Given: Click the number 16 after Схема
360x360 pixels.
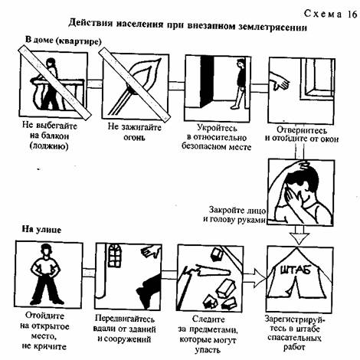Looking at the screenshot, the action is (352, 15).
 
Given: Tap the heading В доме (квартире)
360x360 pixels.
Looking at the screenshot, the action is (63, 41).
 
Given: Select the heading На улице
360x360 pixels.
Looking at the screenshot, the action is (41, 229).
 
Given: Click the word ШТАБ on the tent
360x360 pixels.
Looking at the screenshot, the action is (296, 270).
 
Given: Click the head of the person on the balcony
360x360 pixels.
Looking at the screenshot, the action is (51, 62).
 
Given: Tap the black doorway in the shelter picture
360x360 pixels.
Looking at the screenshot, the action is (207, 81).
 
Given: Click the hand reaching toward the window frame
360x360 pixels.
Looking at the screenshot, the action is (280, 80).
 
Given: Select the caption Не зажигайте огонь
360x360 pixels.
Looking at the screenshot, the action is (135, 132).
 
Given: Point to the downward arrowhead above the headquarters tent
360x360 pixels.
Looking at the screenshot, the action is (300, 238).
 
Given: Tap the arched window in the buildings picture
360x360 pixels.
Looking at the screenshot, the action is (115, 255).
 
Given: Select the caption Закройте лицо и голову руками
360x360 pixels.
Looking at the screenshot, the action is (235, 215).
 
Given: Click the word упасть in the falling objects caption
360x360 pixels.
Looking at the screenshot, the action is (208, 350).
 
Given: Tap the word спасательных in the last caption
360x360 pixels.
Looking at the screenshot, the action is (294, 338).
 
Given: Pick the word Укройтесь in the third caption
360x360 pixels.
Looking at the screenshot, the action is (217, 127).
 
